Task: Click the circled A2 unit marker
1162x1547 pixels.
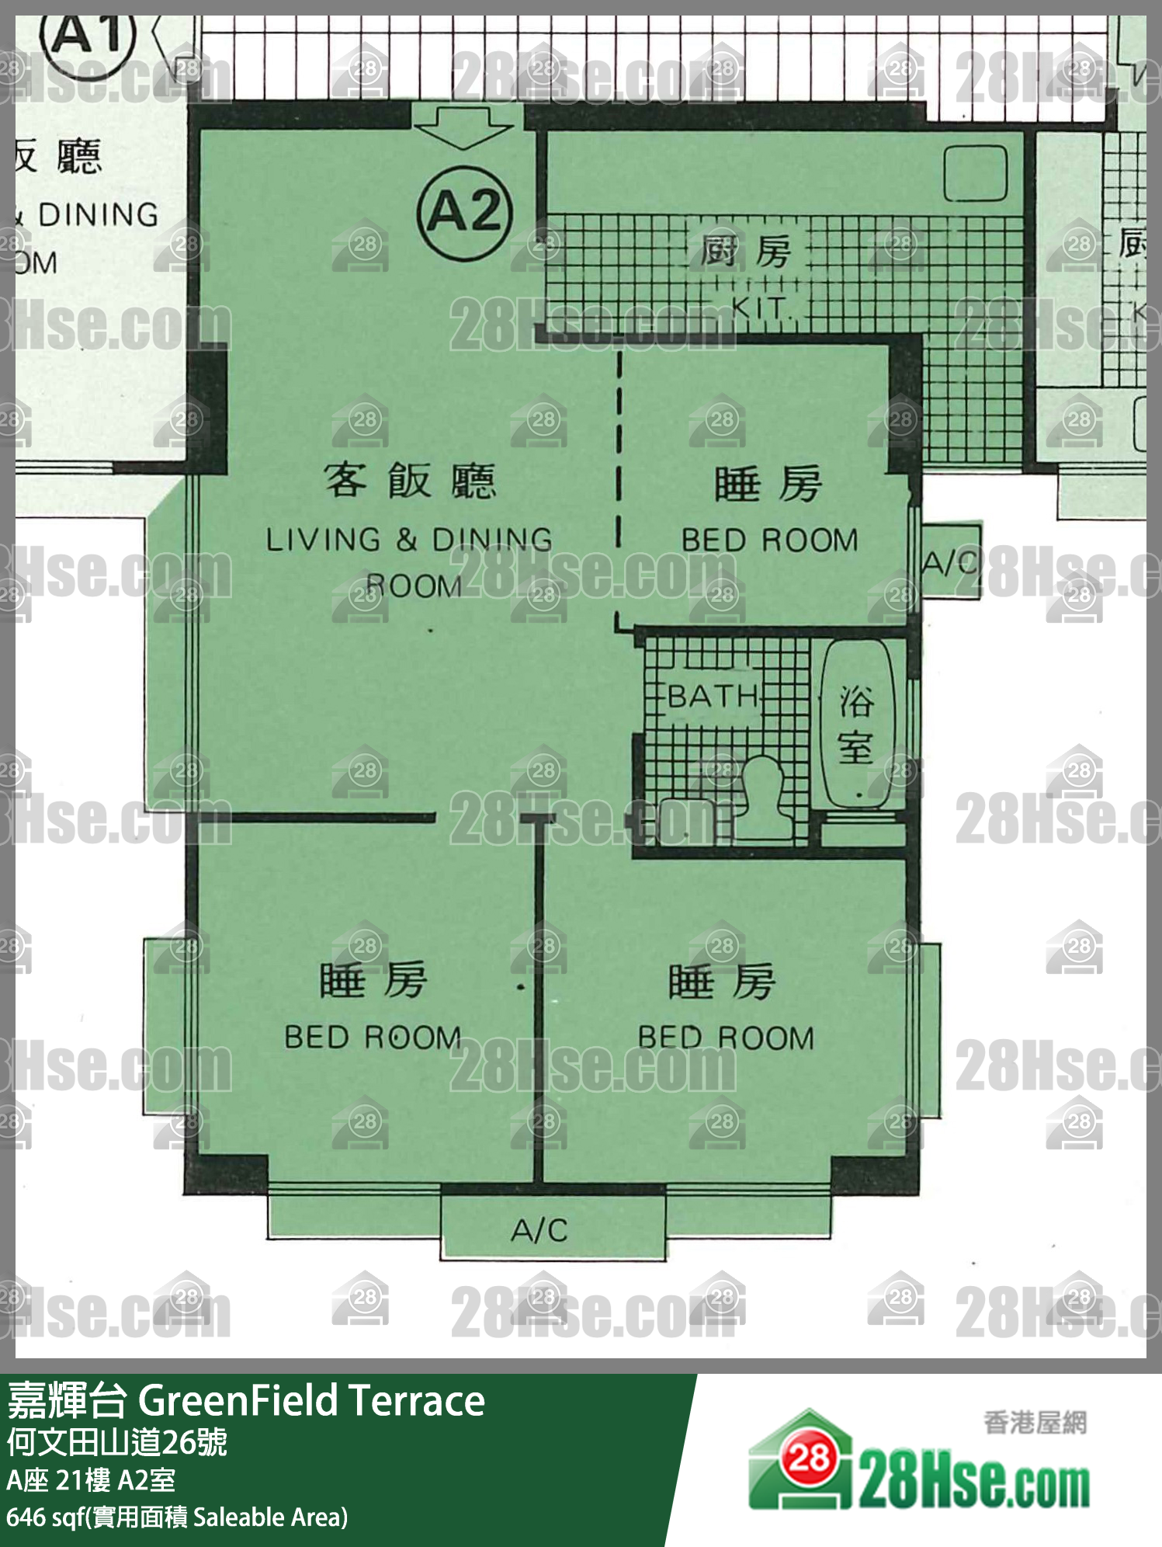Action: point(464,212)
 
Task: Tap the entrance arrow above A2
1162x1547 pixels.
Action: point(463,126)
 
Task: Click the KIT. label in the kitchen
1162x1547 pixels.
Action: point(760,308)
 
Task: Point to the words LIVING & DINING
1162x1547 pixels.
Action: point(409,540)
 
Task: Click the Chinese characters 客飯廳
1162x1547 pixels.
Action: point(409,481)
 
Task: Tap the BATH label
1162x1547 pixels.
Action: point(713,696)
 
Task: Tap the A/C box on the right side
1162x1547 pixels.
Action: point(950,561)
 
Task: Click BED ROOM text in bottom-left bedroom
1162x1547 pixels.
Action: point(373,1038)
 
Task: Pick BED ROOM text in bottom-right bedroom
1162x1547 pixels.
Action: point(726,1038)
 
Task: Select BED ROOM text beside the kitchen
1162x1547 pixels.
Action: point(770,541)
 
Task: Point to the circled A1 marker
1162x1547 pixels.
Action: point(87,35)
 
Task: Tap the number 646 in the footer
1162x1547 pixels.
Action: point(25,1517)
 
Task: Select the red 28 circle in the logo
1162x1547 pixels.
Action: point(809,1458)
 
